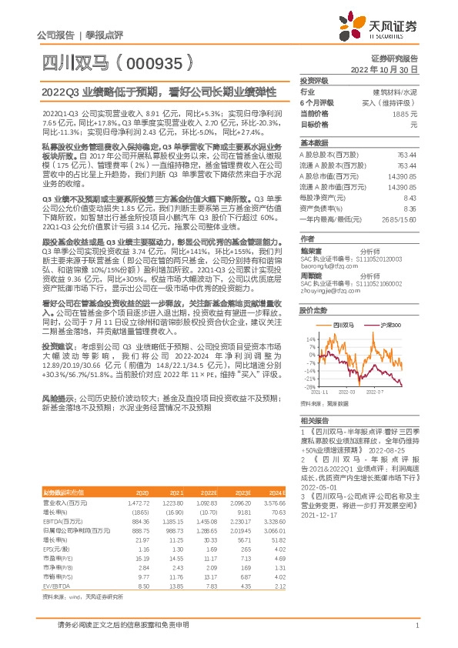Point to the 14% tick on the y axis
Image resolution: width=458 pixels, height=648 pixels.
[310, 338]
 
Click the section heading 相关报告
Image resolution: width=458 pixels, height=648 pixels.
[313, 420]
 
